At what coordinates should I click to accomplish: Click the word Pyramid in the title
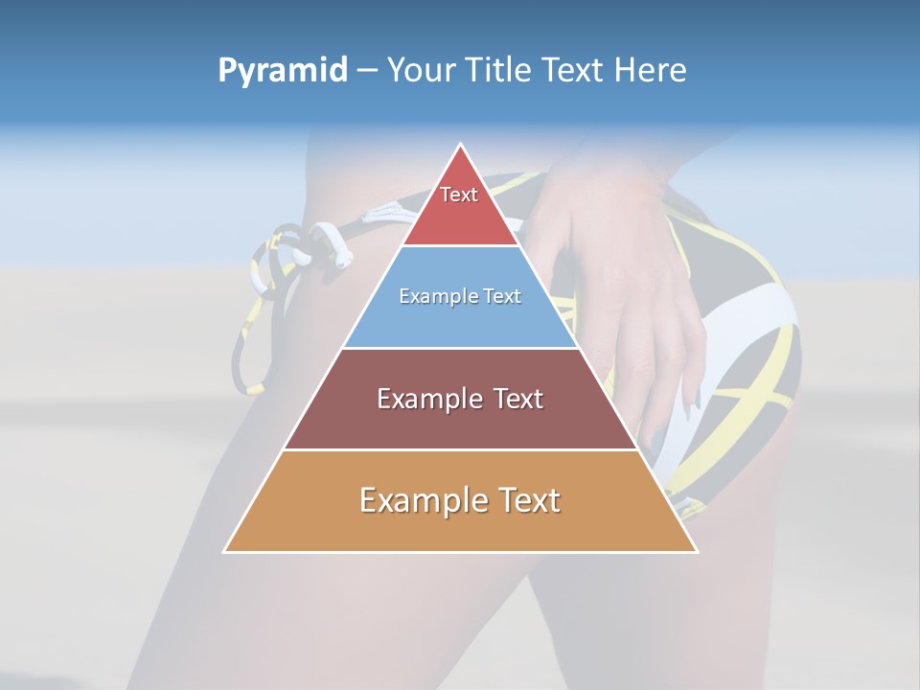point(282,71)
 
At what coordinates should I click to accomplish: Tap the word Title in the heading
point(499,70)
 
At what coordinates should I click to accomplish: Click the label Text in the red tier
point(459,195)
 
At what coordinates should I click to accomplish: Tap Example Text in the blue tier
point(460,296)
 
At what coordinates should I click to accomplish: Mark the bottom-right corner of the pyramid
point(696,551)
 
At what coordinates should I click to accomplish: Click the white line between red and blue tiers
point(460,246)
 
